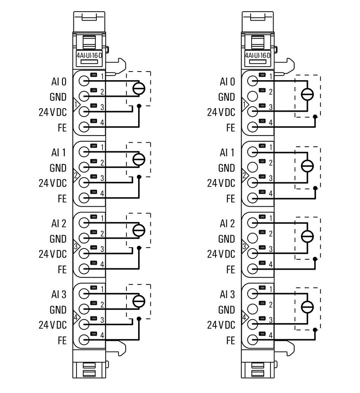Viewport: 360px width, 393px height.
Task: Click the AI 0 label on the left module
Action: (58, 82)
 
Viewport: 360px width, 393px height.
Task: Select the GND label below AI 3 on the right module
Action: (226, 310)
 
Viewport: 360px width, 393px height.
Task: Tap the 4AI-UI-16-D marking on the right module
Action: (258, 56)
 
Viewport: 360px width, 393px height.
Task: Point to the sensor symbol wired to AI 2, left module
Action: (139, 230)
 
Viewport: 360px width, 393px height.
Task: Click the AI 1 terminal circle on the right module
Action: (253, 152)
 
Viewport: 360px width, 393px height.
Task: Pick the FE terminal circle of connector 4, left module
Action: (84, 340)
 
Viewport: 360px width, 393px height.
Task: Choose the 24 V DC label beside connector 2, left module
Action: (53, 183)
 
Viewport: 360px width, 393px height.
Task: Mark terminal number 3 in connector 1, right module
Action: (270, 107)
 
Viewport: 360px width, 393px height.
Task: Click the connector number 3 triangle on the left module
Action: (76, 247)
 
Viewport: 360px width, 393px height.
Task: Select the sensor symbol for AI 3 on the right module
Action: (307, 307)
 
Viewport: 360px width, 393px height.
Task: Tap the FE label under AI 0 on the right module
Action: (230, 127)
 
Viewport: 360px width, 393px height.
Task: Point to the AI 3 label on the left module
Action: (58, 294)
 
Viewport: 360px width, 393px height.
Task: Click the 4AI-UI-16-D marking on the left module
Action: (89, 56)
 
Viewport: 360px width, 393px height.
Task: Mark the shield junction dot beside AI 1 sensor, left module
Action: (139, 176)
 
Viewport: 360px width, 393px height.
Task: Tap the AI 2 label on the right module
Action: (227, 224)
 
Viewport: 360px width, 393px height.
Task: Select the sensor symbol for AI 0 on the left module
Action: (139, 88)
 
